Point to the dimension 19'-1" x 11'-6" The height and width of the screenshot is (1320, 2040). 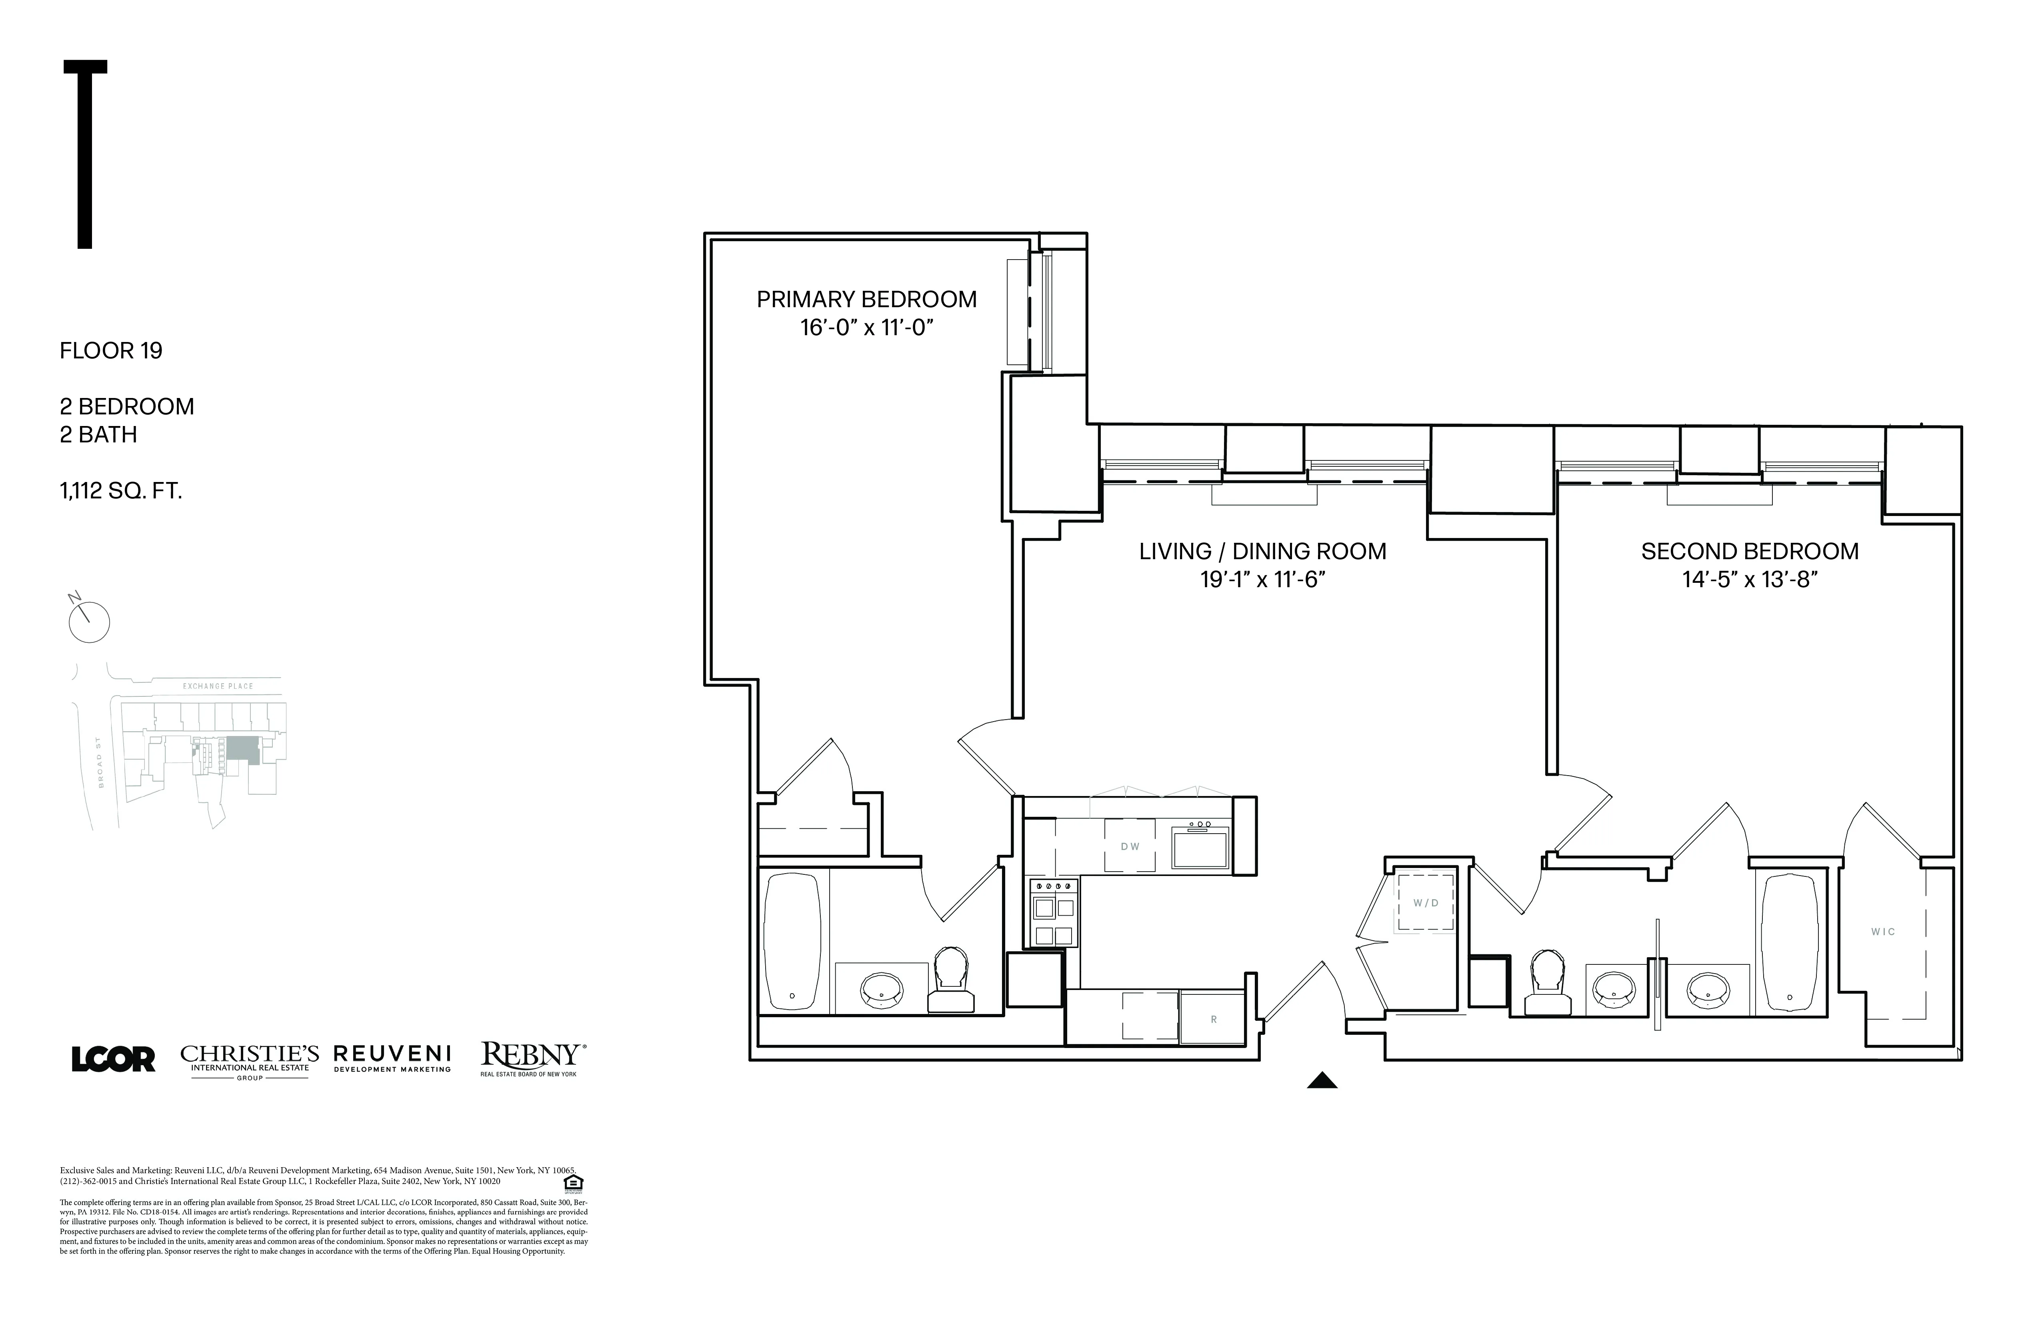(x=1262, y=580)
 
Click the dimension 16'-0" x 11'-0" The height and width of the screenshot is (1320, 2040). (x=866, y=328)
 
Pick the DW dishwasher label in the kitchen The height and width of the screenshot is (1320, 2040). (x=1130, y=847)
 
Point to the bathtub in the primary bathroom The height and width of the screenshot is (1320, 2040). (x=792, y=941)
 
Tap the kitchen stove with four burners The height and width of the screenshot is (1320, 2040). (x=1054, y=913)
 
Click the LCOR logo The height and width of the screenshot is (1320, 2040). (x=113, y=1060)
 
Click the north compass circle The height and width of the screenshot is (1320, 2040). (x=89, y=622)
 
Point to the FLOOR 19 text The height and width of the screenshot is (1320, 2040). (x=110, y=350)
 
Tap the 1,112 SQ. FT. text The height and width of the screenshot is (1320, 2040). (x=121, y=491)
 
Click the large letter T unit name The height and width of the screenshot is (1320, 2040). (x=85, y=154)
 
